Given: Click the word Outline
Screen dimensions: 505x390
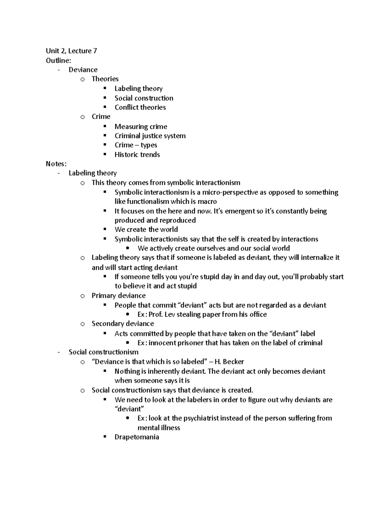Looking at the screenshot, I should [x=58, y=60].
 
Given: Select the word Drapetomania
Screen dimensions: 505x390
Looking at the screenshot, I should [x=136, y=437].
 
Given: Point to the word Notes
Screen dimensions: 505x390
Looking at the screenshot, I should [x=56, y=164].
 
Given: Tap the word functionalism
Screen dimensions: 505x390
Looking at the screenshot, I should [x=148, y=201].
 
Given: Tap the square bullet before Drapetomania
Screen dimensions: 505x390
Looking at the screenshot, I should [x=105, y=437].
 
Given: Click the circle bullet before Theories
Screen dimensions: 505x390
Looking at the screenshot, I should [x=83, y=79].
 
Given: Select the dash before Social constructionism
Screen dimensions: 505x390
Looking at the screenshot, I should [x=58, y=352].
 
